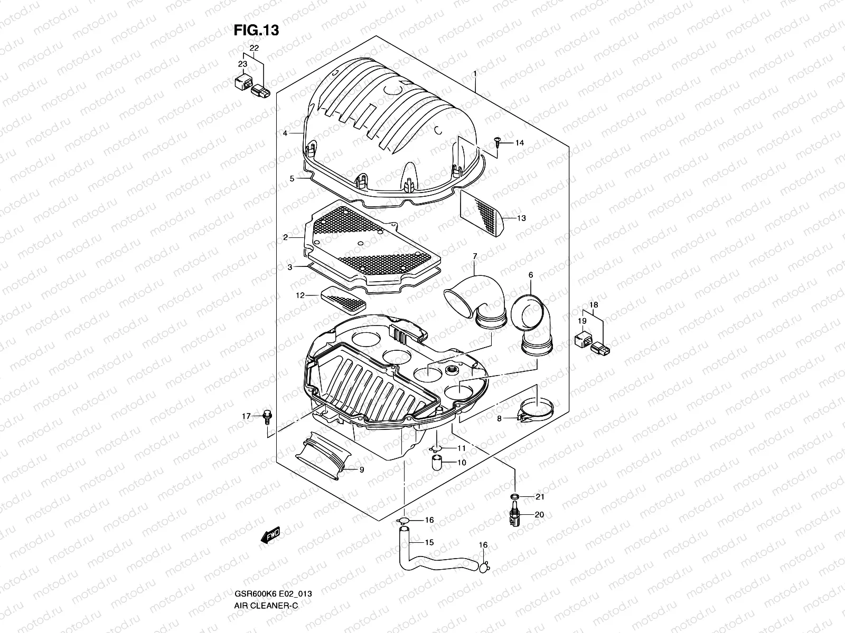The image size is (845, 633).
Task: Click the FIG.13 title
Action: tap(256, 31)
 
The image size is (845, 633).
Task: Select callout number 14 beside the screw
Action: tap(520, 143)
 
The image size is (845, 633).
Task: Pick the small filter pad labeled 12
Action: tap(343, 299)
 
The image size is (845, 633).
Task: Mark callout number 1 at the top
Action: tap(475, 74)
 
